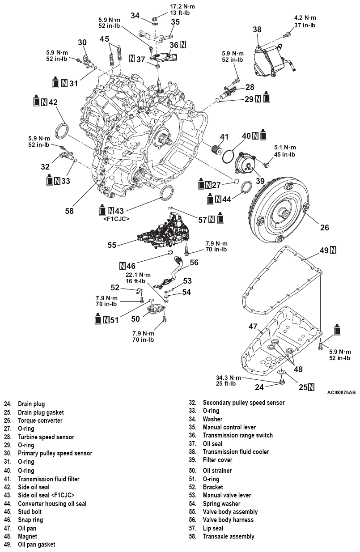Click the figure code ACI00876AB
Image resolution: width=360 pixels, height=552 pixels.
point(338,392)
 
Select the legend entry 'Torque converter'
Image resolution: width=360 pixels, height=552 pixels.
point(40,420)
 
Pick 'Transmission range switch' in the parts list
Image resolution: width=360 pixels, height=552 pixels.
point(237,435)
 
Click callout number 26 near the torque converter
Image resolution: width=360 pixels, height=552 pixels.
point(324,227)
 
